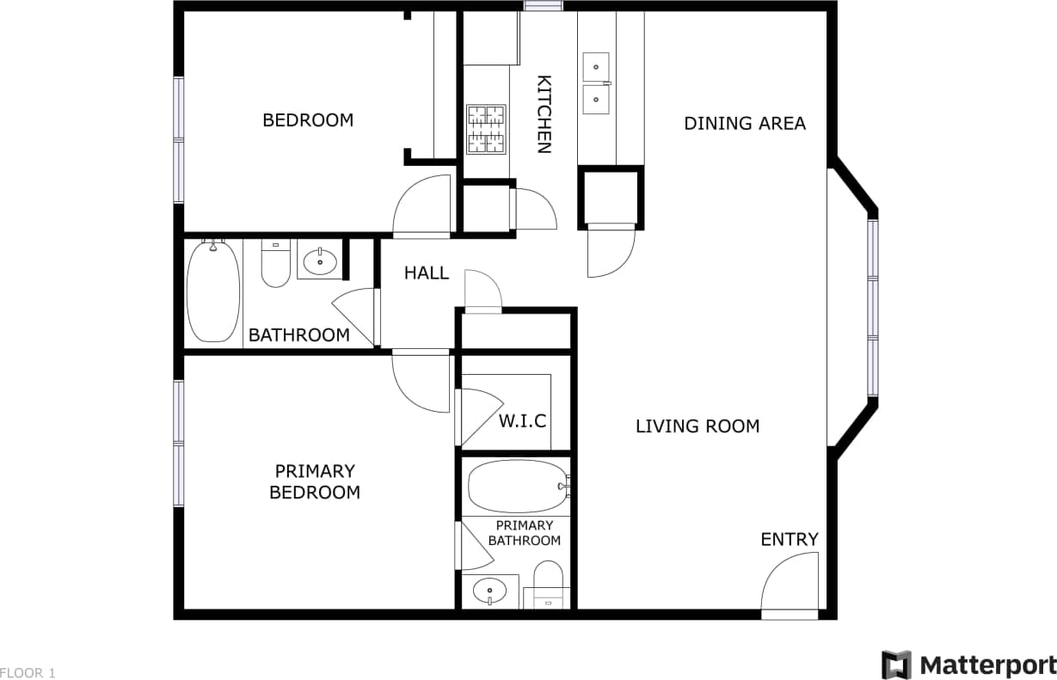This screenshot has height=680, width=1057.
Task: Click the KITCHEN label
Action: (544, 114)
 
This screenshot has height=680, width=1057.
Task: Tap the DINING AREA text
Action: (745, 123)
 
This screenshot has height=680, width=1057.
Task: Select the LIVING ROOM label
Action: (697, 426)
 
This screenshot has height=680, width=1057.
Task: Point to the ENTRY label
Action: (790, 539)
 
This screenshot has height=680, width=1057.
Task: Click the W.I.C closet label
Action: (523, 421)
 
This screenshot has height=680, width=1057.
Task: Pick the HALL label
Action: (427, 273)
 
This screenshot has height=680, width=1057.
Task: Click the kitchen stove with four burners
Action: (486, 129)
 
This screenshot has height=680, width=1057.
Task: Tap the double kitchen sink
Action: (596, 83)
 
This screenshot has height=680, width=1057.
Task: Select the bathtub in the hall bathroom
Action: (212, 291)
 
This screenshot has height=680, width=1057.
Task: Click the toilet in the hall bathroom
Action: (276, 264)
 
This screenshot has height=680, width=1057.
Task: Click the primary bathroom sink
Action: (490, 591)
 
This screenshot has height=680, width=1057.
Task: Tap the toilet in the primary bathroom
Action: (547, 585)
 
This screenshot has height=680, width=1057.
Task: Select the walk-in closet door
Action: (477, 416)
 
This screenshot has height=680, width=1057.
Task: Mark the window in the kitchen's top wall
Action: (544, 6)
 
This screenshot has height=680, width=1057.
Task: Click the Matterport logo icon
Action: (896, 665)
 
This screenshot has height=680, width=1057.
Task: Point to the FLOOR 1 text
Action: (28, 673)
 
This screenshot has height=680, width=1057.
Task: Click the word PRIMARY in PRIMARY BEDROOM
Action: (315, 471)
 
